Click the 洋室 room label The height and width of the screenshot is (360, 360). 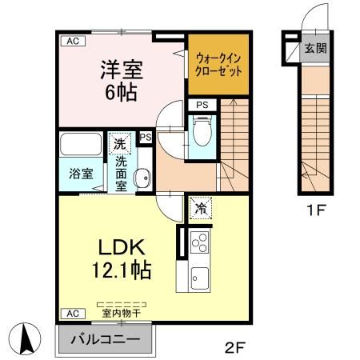click(120, 70)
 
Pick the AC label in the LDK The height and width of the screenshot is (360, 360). click(71, 314)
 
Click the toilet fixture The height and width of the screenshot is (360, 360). click(202, 130)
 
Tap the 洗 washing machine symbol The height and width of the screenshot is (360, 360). click(118, 146)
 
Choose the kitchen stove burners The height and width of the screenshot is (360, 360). click(199, 242)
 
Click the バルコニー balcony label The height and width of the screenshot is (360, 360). click(108, 339)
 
